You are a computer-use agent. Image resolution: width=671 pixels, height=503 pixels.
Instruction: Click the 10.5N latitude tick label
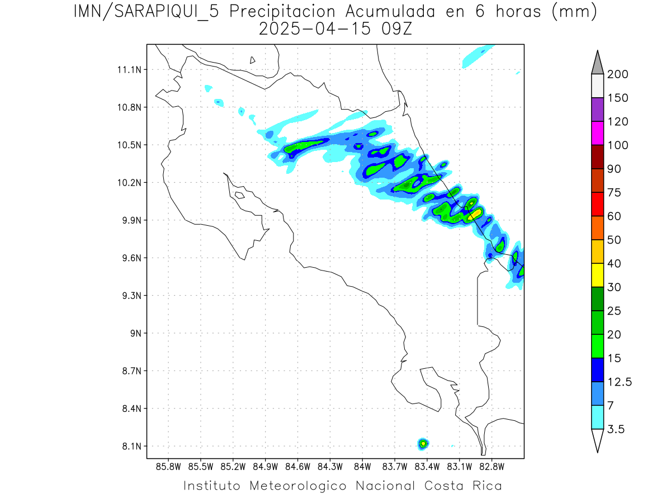tap(130, 145)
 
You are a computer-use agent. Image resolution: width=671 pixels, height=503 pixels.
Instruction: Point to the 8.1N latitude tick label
tap(130, 446)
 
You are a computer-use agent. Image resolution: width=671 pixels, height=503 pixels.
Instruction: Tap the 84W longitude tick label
tap(362, 466)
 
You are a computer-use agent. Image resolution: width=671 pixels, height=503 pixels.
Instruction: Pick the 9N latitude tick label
tap(134, 333)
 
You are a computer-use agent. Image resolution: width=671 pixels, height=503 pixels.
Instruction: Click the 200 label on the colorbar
tap(618, 74)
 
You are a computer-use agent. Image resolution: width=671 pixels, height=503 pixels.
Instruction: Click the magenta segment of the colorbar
tap(597, 134)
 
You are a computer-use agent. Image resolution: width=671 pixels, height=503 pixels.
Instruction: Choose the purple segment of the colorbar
tap(597, 110)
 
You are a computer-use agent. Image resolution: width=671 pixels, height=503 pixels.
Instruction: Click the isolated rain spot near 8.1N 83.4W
tap(423, 443)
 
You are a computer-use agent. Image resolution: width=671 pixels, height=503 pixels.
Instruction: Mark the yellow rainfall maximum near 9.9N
tap(475, 213)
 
